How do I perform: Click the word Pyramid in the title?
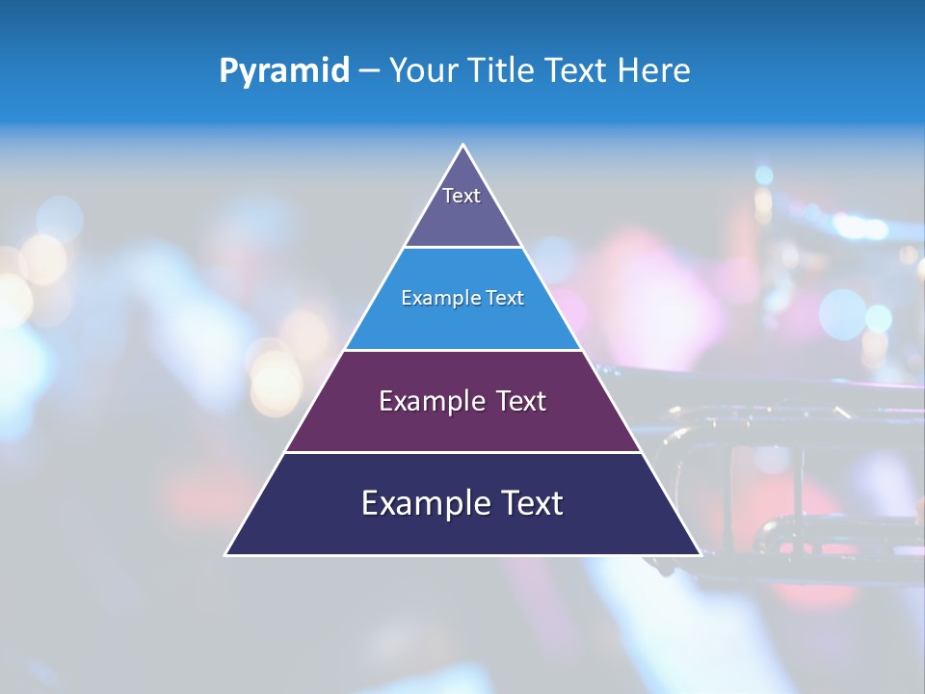[x=284, y=71]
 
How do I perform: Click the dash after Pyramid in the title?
[x=369, y=71]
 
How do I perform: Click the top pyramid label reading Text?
[x=462, y=196]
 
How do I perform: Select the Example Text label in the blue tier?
[x=462, y=298]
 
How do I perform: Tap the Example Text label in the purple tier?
[x=462, y=401]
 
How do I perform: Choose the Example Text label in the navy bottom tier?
[x=462, y=503]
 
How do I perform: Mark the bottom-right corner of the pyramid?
[x=700, y=554]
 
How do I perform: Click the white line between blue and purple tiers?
[x=462, y=350]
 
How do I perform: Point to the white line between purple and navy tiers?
[x=462, y=452]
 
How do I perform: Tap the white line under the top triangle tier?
[x=462, y=248]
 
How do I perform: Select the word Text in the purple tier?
[x=519, y=401]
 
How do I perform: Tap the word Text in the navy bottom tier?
[x=531, y=503]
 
